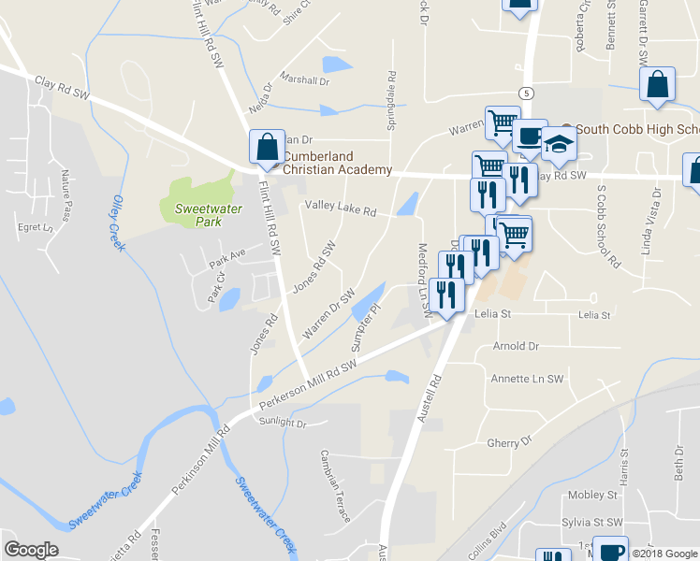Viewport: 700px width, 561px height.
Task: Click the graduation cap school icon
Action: pyautogui.click(x=559, y=144)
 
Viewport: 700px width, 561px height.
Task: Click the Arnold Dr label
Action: pyautogui.click(x=516, y=346)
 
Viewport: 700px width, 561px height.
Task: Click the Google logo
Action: pyautogui.click(x=31, y=550)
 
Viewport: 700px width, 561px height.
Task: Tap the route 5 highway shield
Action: pyautogui.click(x=528, y=93)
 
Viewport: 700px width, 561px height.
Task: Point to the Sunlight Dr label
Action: pyautogui.click(x=283, y=424)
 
